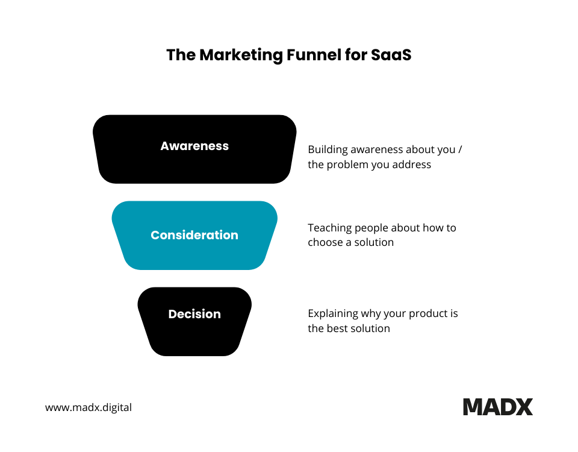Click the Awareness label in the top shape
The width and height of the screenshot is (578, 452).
click(194, 146)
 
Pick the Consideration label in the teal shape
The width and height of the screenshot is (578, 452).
click(194, 235)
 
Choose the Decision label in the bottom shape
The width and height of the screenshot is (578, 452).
click(194, 314)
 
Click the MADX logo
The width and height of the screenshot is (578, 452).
click(497, 407)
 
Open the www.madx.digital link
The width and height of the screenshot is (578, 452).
click(89, 407)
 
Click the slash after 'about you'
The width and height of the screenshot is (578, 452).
click(460, 149)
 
